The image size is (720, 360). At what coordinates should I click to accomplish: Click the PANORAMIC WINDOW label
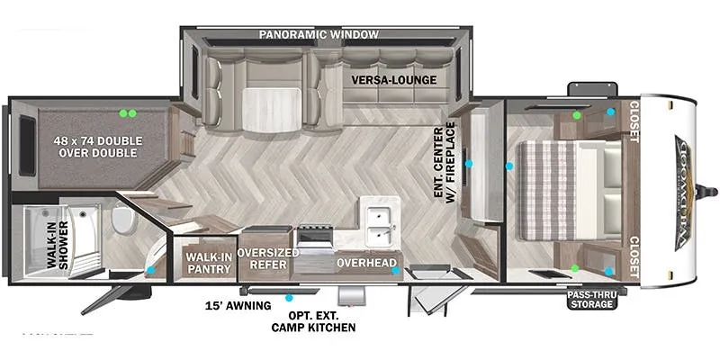point(319,34)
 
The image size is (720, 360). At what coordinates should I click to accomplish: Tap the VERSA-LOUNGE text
point(394,80)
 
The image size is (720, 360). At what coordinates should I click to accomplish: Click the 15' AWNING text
point(238,306)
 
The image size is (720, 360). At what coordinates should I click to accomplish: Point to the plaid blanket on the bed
point(545,190)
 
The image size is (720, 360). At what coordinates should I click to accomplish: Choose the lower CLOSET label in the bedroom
point(634,256)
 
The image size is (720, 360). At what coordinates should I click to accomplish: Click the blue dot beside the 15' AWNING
point(289,297)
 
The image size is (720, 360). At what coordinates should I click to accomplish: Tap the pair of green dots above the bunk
point(128,113)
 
